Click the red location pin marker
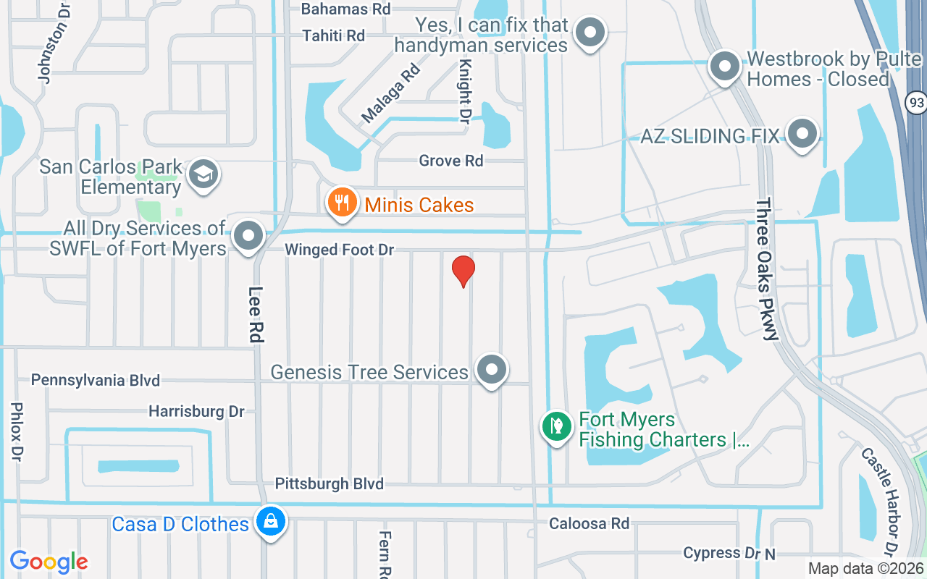coord(463,271)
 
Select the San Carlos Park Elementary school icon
coord(204,174)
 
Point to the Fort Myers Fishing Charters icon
coord(556,426)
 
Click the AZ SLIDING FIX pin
coord(802,134)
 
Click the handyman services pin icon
coord(590,32)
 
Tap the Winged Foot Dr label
coord(339,250)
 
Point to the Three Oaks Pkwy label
coord(766,269)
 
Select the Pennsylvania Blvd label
coord(96,380)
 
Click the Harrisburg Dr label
coord(196,411)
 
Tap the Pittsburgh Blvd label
coord(330,483)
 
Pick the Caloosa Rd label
coord(589,523)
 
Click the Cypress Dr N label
coord(729,554)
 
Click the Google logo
coord(49,561)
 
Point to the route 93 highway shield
coord(917,102)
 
